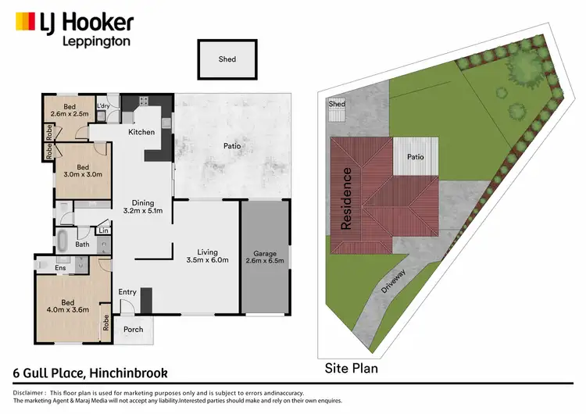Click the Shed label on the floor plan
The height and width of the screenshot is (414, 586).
[x=227, y=59]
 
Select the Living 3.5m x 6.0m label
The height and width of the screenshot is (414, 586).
[x=207, y=256]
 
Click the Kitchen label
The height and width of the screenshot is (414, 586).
[x=141, y=132]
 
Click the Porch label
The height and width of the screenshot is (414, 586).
[x=134, y=329]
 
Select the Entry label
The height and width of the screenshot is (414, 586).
[x=127, y=292]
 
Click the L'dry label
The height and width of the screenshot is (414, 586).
[x=102, y=106]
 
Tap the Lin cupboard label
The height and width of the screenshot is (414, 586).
[x=102, y=230]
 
